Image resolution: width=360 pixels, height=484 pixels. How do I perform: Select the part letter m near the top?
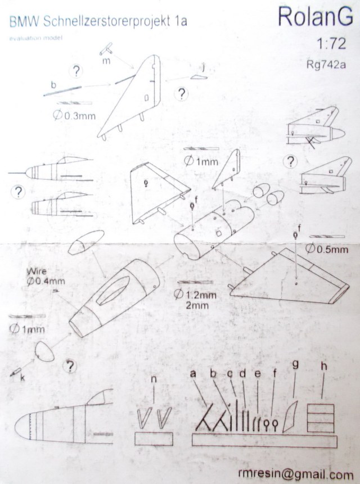[x=106, y=61]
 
